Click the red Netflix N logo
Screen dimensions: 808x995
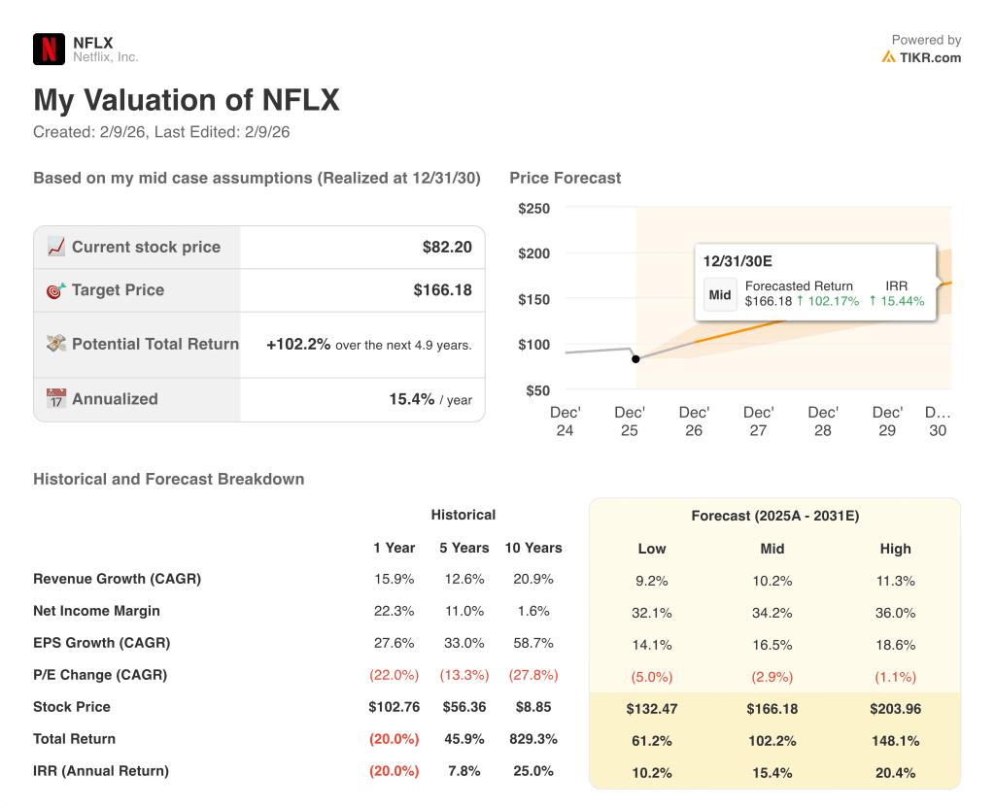(x=49, y=49)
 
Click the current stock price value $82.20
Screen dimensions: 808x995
(x=447, y=247)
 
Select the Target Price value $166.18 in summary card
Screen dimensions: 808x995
(x=442, y=289)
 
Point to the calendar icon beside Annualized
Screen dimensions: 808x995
(x=56, y=399)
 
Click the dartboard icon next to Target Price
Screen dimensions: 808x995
(x=56, y=290)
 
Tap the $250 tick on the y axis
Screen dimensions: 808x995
(x=533, y=209)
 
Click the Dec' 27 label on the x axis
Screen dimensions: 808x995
(x=758, y=421)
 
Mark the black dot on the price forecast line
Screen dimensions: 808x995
(x=635, y=358)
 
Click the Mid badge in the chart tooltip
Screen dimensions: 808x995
(x=719, y=295)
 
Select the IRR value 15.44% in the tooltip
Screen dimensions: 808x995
(x=896, y=301)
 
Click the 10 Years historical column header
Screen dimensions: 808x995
(x=532, y=548)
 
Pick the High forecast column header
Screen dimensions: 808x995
(x=895, y=549)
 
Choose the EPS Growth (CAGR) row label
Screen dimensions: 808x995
(x=101, y=643)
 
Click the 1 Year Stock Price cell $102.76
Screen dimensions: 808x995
(x=394, y=707)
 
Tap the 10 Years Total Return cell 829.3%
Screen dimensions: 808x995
(x=532, y=739)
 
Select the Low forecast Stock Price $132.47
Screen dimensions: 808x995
(x=651, y=709)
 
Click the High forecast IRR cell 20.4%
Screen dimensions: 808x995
(x=895, y=773)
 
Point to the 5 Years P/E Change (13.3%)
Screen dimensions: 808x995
(x=463, y=675)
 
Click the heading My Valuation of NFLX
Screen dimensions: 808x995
(x=187, y=101)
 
